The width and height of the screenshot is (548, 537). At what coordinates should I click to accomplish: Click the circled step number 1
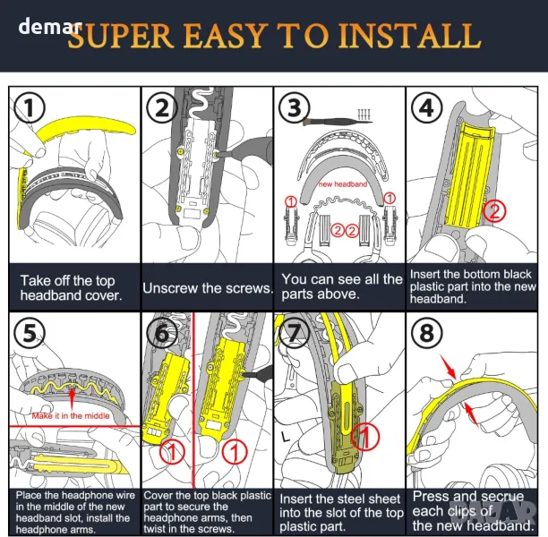click(x=31, y=108)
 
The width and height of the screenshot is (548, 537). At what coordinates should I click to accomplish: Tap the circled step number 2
click(x=162, y=108)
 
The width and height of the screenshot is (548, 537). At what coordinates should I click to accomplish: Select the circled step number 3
click(x=294, y=109)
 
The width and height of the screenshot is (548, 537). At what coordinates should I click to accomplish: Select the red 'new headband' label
click(x=342, y=183)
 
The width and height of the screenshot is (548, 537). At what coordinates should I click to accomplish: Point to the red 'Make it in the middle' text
click(x=69, y=416)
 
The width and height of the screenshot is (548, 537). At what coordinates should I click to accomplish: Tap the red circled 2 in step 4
click(x=494, y=211)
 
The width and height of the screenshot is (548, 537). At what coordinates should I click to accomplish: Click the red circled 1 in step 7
click(x=363, y=438)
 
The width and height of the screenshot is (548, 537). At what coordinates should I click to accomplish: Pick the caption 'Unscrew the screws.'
click(x=208, y=288)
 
